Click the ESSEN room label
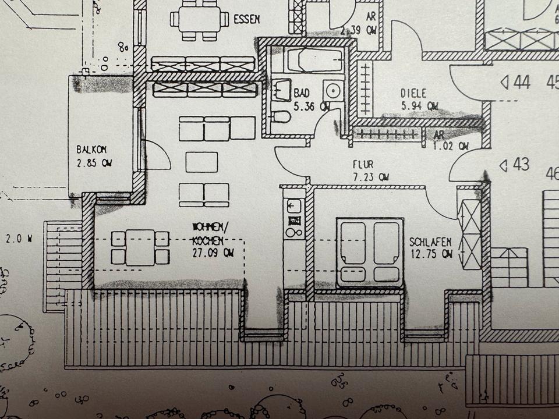coord(246,19)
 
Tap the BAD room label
coord(302,93)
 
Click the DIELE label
coord(413,93)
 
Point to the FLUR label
coord(363,165)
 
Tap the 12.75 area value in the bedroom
coord(431,254)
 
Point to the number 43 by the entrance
coord(521,165)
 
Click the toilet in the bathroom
coord(281,117)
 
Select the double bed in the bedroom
coord(370,253)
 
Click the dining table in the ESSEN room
coord(199,20)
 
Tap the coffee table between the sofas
coord(201,162)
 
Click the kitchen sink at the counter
coord(294,205)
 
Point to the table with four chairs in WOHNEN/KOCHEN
coord(140,247)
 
